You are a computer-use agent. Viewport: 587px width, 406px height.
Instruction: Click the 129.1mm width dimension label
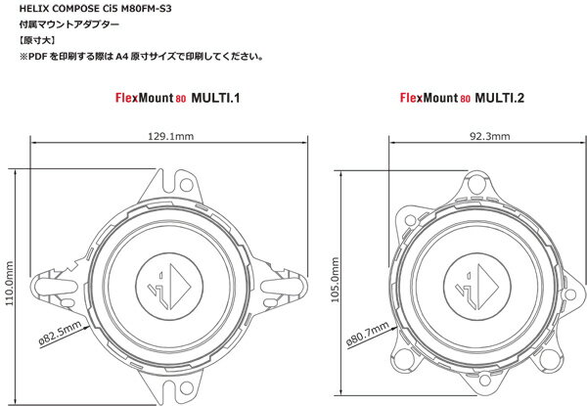pyautogui.click(x=171, y=136)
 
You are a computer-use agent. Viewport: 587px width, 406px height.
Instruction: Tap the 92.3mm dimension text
pyautogui.click(x=490, y=136)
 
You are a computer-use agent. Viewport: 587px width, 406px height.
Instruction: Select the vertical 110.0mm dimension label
pyautogui.click(x=9, y=284)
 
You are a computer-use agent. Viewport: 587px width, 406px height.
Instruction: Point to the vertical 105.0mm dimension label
pyautogui.click(x=335, y=280)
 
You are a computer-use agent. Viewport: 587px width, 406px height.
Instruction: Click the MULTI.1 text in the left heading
pyautogui.click(x=215, y=98)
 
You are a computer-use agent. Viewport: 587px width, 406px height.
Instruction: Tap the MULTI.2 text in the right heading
pyautogui.click(x=499, y=98)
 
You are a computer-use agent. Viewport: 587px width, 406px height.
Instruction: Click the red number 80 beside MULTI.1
pyautogui.click(x=180, y=99)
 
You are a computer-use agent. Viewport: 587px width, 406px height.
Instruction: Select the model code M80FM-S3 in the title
pyautogui.click(x=147, y=8)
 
